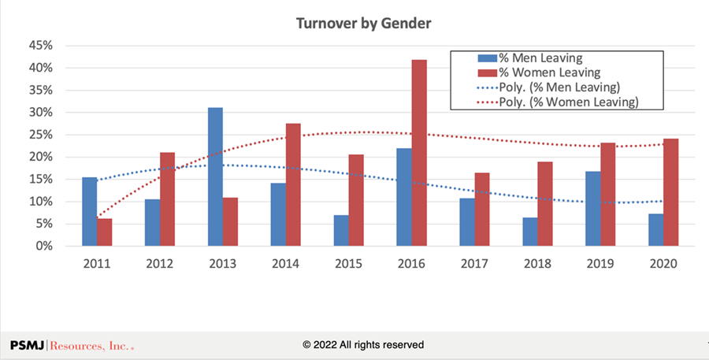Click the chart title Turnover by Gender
point(363,24)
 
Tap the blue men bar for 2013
point(215,176)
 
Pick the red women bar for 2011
point(105,232)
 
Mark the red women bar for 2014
point(292,184)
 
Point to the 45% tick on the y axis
point(41,46)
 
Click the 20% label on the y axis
point(41,157)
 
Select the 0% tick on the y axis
point(44,246)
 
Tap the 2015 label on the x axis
point(348,263)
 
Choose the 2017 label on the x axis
point(473,263)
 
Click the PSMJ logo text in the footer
point(72,345)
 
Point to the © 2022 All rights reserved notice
point(363,345)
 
